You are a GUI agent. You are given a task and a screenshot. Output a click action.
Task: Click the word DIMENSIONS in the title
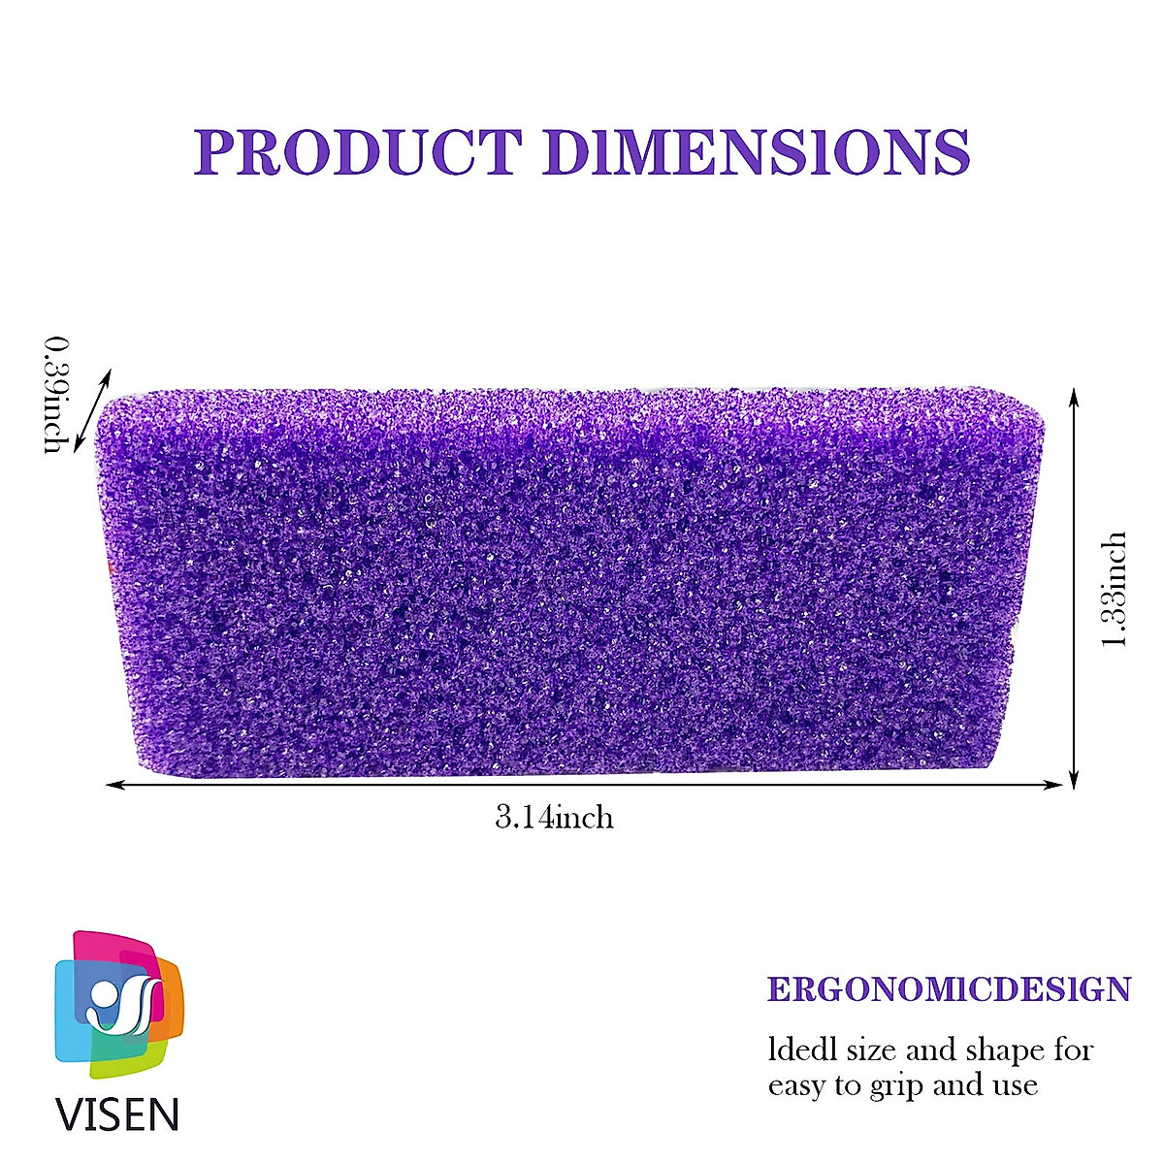[x=757, y=151]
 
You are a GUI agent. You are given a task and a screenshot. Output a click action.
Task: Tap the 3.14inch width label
[x=555, y=818]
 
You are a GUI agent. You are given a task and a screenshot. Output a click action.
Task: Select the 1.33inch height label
[x=1115, y=590]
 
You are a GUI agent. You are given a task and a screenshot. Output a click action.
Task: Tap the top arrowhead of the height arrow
[x=1074, y=396]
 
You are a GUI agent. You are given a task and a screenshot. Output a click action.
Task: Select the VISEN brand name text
[x=117, y=1114]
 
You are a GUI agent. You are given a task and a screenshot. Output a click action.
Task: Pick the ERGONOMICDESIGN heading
[x=949, y=989]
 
